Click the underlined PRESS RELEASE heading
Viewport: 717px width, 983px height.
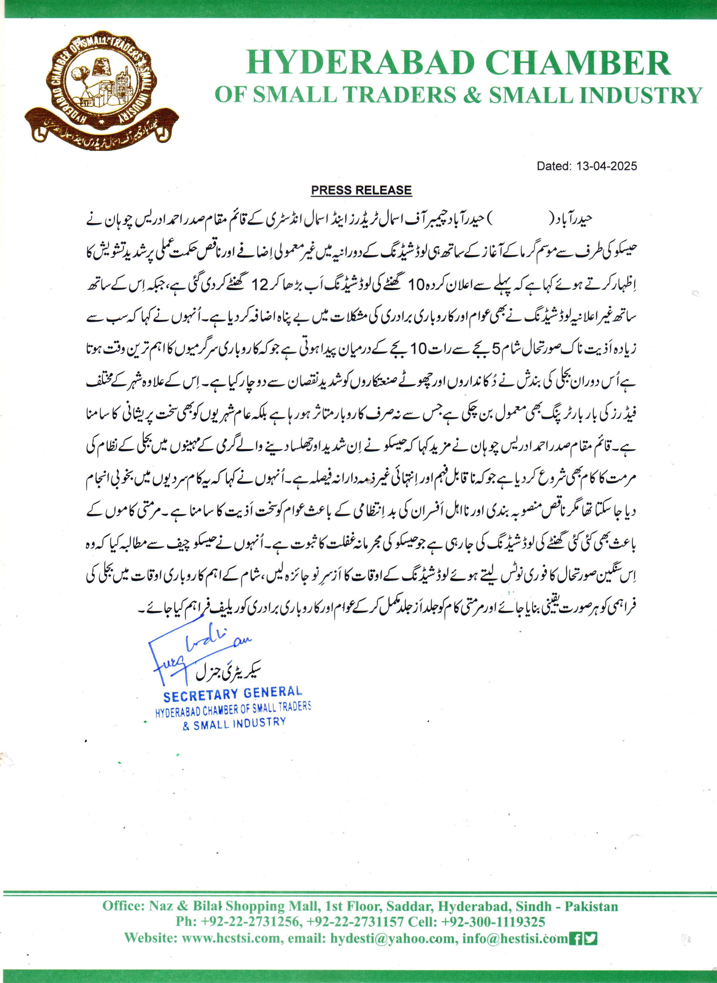(x=361, y=190)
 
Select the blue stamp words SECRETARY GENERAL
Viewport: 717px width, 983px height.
(x=232, y=694)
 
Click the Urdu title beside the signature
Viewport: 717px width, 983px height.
(x=228, y=673)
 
